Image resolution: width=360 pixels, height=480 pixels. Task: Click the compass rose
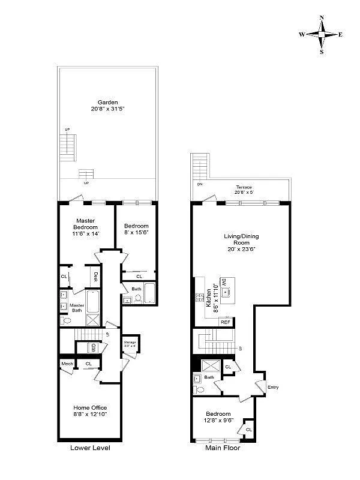click(322, 34)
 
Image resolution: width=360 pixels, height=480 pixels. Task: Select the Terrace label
click(243, 187)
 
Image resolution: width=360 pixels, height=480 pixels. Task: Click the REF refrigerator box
click(226, 322)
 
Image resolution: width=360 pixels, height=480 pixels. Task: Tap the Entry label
click(273, 387)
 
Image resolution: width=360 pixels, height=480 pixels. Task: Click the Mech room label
click(66, 364)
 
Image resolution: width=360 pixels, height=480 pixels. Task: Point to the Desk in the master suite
click(95, 277)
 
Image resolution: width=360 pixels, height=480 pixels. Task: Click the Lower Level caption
click(90, 448)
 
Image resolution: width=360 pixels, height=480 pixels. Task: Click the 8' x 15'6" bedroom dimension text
click(137, 232)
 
